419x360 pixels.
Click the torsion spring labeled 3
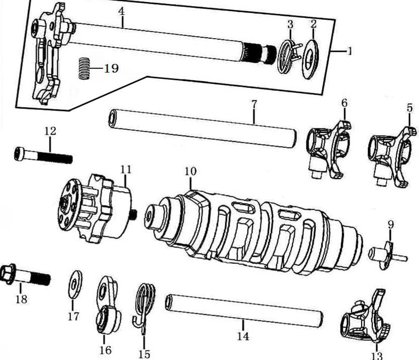[288, 56]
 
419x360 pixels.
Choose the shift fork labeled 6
[328, 150]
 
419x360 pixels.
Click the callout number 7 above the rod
[254, 104]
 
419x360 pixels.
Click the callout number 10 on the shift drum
[190, 171]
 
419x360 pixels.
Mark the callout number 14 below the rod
[243, 336]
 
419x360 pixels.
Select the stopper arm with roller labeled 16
[107, 307]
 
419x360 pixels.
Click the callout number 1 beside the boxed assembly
[350, 51]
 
